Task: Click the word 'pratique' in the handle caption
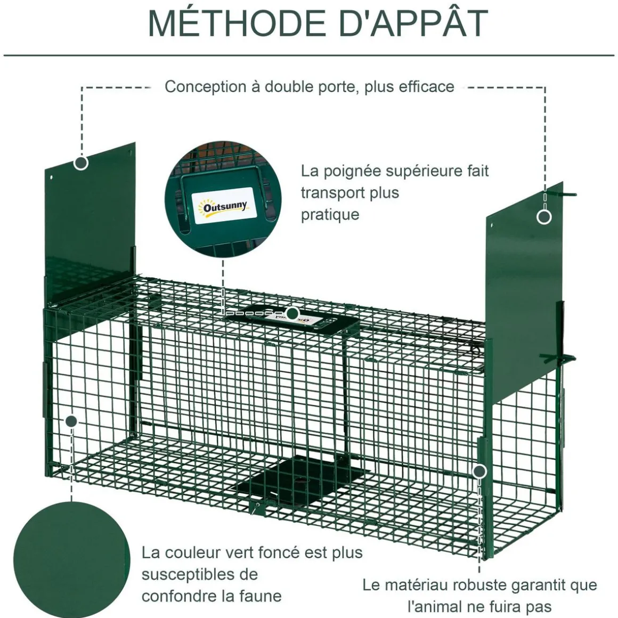pyautogui.click(x=330, y=215)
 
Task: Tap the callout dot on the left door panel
pyautogui.click(x=81, y=162)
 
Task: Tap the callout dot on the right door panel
pyautogui.click(x=544, y=217)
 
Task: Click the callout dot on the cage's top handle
pyautogui.click(x=292, y=313)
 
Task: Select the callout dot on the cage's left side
pyautogui.click(x=71, y=421)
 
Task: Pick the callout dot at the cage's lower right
pyautogui.click(x=479, y=471)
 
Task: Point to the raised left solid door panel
pyautogui.click(x=91, y=224)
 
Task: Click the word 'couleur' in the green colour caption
pyautogui.click(x=194, y=552)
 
